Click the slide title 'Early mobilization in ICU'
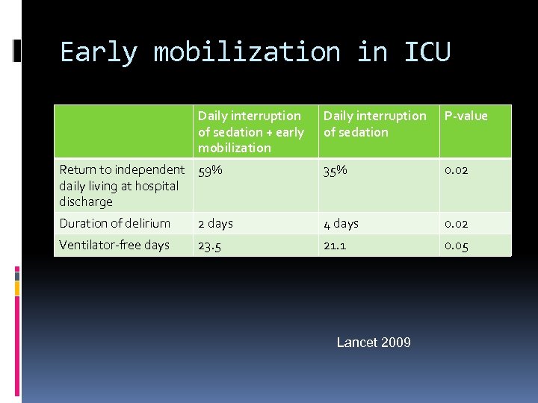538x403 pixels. click(255, 52)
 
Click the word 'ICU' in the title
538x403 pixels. click(427, 52)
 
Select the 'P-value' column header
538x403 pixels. click(466, 116)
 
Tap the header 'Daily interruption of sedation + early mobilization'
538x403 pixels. click(250, 131)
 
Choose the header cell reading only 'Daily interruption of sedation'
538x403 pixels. click(374, 124)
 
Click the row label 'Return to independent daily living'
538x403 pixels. click(121, 185)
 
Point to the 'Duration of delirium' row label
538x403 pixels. click(115, 223)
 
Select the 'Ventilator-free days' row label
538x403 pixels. click(114, 245)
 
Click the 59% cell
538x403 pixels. click(210, 170)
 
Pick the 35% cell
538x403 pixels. click(336, 170)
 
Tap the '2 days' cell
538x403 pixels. click(215, 223)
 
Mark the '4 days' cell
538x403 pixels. click(341, 223)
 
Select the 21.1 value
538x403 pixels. click(335, 246)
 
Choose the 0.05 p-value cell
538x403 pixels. click(457, 246)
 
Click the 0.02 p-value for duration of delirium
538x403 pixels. click(457, 223)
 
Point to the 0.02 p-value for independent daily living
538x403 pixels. click(457, 170)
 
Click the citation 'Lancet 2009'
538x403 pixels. click(374, 343)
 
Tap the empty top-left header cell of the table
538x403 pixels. click(123, 131)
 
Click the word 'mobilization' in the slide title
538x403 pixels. click(247, 52)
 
